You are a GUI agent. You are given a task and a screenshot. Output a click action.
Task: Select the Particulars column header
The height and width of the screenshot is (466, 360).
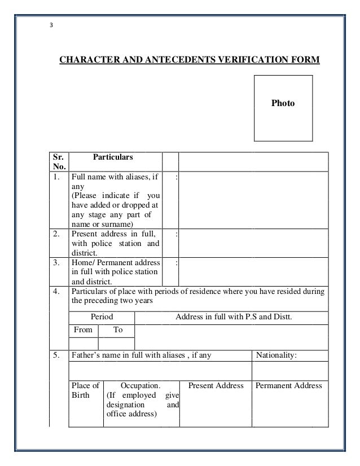(x=113, y=155)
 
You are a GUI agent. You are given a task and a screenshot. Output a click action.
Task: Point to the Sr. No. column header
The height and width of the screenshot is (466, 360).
(x=59, y=161)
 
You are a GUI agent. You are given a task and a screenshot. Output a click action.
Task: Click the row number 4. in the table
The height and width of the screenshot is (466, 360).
(x=56, y=292)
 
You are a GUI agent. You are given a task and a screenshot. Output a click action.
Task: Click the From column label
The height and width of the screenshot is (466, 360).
(x=83, y=330)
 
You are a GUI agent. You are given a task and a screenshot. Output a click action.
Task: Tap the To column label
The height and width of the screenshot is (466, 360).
(x=118, y=330)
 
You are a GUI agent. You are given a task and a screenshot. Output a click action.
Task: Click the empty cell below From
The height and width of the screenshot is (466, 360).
(x=83, y=343)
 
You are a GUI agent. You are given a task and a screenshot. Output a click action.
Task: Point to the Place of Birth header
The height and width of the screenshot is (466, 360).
(x=85, y=390)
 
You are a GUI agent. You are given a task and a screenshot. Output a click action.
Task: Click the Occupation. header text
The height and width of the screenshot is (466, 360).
(x=141, y=386)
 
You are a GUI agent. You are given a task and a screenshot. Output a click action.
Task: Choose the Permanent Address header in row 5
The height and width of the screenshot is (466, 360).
(x=288, y=386)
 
